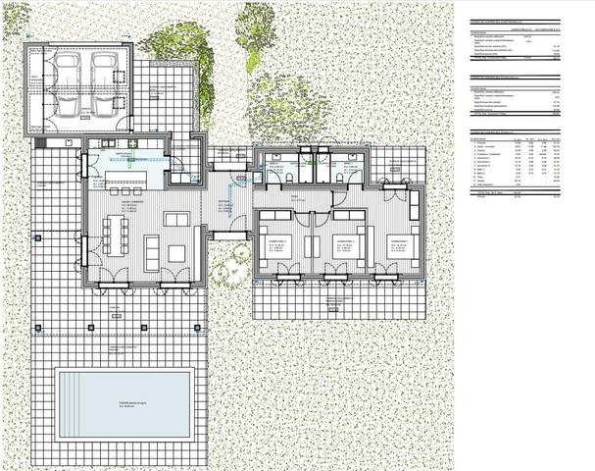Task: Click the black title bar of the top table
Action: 518,22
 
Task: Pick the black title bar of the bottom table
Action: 518,131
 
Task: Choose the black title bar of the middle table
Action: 518,77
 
